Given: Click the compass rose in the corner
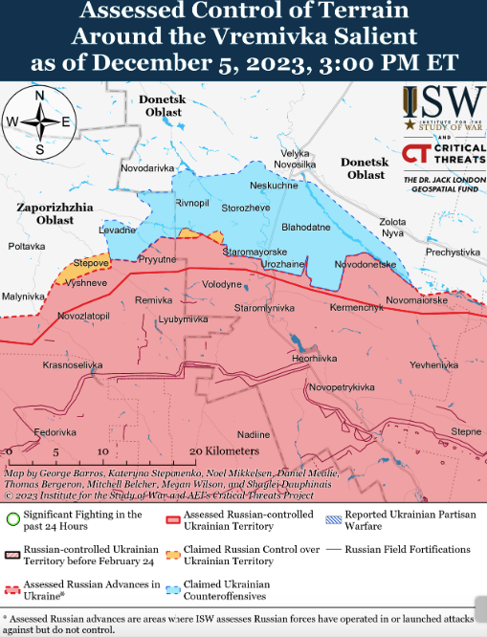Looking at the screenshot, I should pos(39,121).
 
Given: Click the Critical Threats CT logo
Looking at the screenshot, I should pos(416,154).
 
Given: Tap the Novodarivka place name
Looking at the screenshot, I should pos(148,168).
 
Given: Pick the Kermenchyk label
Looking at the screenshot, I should pos(356,307).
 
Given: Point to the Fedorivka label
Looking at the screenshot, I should pos(55,432).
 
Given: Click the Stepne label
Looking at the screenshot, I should pos(466,431).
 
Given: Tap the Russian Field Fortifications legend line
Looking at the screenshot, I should pos(332,550).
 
